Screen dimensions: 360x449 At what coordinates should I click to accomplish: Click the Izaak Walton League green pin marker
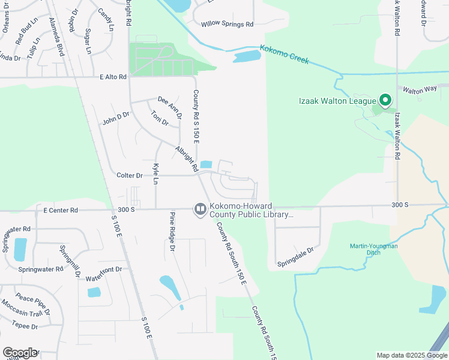(x=385, y=101)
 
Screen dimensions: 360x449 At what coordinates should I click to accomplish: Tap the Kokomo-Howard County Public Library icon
(x=200, y=209)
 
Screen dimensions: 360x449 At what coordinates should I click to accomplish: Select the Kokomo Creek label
(x=285, y=55)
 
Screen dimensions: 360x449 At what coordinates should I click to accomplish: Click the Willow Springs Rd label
(x=228, y=25)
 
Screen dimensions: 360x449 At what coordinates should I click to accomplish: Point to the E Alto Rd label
(x=113, y=77)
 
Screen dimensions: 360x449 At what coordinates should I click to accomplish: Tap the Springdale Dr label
(x=295, y=257)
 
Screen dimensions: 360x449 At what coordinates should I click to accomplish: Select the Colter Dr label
(x=130, y=176)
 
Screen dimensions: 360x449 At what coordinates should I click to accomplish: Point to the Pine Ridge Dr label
(x=172, y=232)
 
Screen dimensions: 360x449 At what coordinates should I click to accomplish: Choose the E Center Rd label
(x=61, y=211)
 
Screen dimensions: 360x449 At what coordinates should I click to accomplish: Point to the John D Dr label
(x=116, y=118)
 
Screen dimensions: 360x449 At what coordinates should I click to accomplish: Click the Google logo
(x=20, y=353)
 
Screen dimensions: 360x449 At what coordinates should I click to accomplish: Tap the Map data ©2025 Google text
(x=411, y=355)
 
